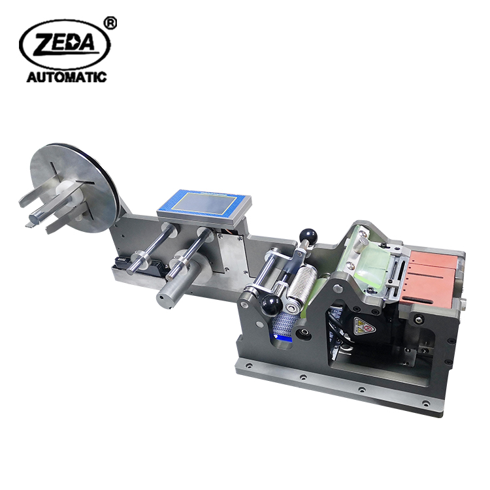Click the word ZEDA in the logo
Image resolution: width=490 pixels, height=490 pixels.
click(x=64, y=43)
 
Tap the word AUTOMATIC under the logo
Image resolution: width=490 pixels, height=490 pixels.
click(x=67, y=77)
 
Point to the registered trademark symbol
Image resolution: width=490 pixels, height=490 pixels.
click(x=110, y=23)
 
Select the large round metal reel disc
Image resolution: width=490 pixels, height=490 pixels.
click(x=75, y=188)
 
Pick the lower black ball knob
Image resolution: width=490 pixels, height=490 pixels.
click(x=271, y=304)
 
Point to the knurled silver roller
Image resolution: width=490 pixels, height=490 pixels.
click(x=302, y=284)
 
